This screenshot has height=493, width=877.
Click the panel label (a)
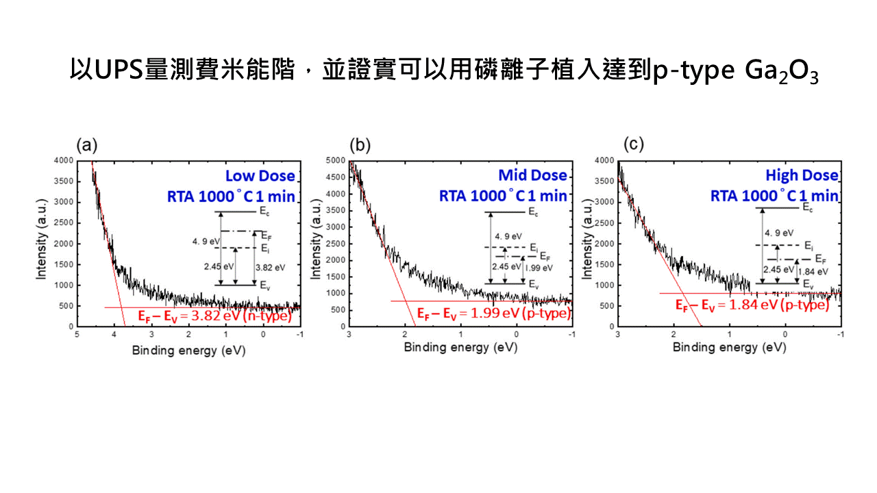[x=87, y=144]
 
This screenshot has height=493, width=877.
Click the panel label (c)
[x=634, y=144]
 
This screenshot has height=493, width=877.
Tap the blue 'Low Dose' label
[x=260, y=176]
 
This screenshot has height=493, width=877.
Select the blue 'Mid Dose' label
[x=532, y=175]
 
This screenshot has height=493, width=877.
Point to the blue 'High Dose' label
[x=801, y=176]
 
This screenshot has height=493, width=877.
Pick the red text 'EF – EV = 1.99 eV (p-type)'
[x=493, y=314]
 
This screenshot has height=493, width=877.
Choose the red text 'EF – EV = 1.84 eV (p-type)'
[x=752, y=305]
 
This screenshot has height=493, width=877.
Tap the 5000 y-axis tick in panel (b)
[x=335, y=161]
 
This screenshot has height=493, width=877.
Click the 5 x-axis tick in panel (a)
[x=77, y=335]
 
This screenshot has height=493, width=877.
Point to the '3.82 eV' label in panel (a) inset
[x=267, y=267]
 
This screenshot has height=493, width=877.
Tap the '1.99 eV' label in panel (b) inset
[x=539, y=268]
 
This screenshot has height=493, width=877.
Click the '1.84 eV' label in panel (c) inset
[x=813, y=271]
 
